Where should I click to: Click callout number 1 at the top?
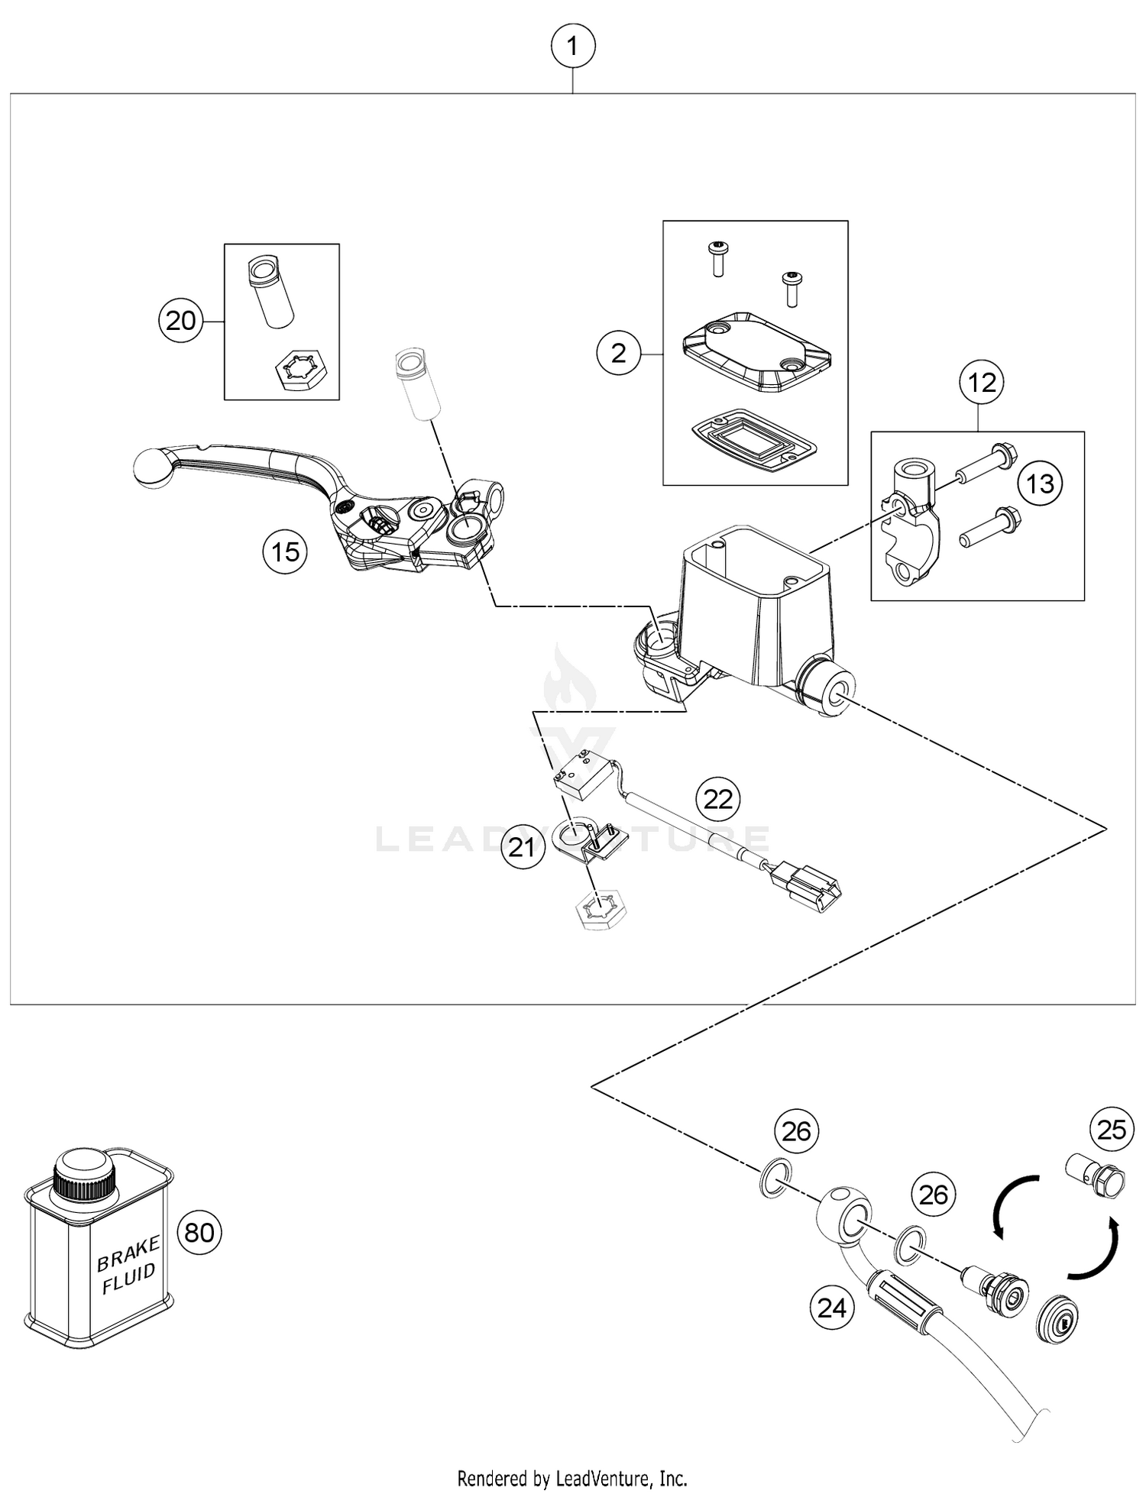click(x=573, y=47)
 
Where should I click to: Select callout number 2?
click(x=619, y=353)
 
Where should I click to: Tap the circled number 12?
click(x=982, y=381)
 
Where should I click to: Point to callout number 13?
click(x=1041, y=483)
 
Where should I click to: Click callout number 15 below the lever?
click(x=285, y=551)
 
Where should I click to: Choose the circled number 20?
click(x=181, y=321)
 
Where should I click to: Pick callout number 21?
click(x=523, y=847)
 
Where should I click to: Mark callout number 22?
click(x=718, y=799)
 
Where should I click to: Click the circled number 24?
click(x=832, y=1308)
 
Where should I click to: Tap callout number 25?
click(x=1112, y=1129)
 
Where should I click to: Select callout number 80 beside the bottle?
click(x=199, y=1232)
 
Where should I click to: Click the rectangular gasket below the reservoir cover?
click(x=752, y=441)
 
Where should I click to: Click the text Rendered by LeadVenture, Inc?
click(x=572, y=1478)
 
